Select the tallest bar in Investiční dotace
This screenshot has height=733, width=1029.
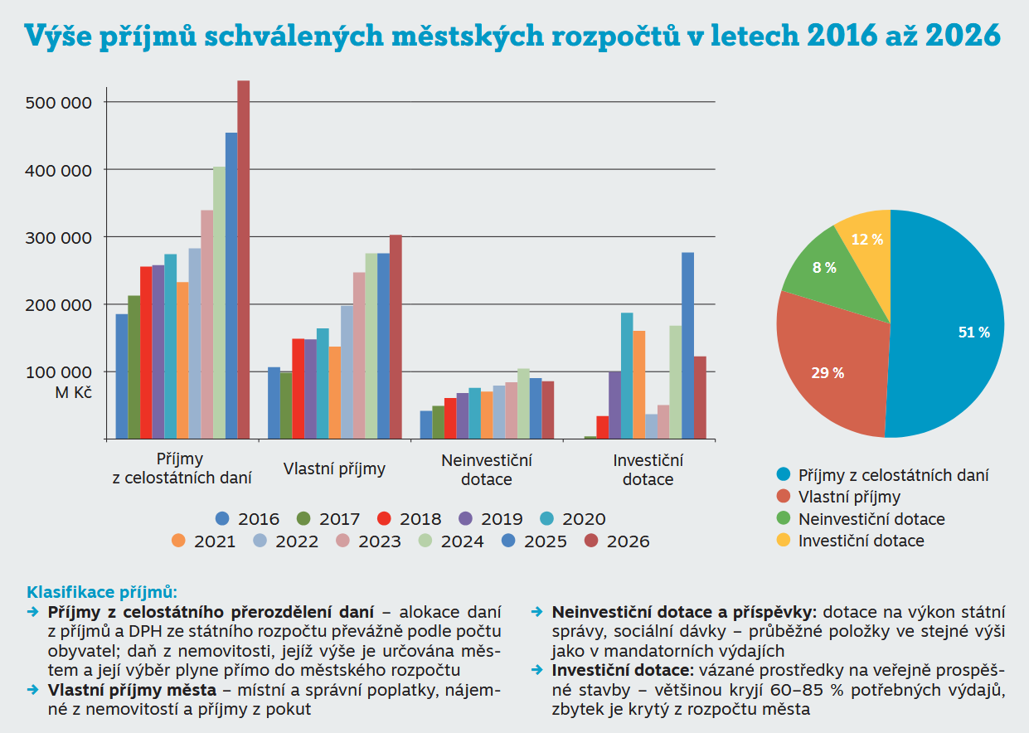(x=687, y=345)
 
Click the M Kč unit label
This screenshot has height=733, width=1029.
(x=73, y=392)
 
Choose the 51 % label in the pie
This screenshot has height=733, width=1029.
(x=973, y=332)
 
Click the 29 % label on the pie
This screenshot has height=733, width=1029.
(x=828, y=373)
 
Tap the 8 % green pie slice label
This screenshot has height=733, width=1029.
(x=824, y=268)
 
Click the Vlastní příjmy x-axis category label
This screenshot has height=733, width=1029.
(x=334, y=468)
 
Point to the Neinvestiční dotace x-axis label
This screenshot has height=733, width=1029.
(x=487, y=469)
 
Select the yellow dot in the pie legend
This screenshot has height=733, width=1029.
(x=783, y=541)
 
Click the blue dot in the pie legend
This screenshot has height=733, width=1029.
(x=783, y=475)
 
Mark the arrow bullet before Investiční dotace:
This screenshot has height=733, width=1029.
(x=536, y=669)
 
